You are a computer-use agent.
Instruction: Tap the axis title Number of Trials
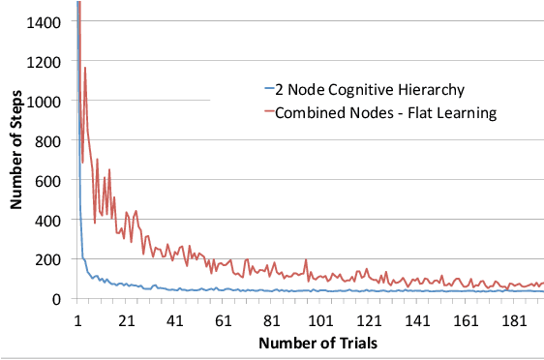[310, 343]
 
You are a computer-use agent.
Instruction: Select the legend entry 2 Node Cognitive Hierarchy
[362, 91]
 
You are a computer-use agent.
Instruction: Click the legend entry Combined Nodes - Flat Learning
[378, 113]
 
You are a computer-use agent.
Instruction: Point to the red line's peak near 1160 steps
[85, 68]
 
